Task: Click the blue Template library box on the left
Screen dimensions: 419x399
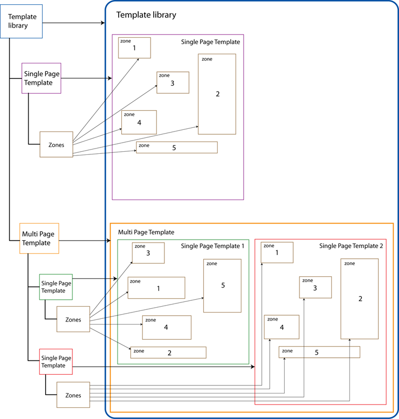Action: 21,21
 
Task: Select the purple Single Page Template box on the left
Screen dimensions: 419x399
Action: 41,78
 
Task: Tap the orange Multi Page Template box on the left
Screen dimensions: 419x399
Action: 39,238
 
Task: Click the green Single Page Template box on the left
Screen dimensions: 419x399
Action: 56,287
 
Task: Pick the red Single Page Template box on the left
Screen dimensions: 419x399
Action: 56,362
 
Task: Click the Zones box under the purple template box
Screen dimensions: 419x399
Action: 56,144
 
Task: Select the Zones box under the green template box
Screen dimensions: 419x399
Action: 73,319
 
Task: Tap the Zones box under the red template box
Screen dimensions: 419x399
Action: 73,395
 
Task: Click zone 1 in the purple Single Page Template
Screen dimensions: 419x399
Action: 135,48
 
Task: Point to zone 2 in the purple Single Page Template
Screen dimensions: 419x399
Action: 217,94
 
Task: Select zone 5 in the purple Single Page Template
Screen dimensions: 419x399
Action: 177,147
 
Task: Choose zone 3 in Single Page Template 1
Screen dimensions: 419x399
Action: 148,253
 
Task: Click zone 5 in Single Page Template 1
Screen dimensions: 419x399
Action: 222,286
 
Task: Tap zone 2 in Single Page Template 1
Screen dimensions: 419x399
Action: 168,352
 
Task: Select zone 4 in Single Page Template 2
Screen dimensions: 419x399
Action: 281,327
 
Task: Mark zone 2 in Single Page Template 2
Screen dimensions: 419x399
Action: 360,299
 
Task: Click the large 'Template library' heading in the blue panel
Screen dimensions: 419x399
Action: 146,15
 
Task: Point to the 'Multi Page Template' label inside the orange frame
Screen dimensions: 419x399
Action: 146,232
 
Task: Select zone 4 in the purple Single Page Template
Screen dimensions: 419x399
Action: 139,122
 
